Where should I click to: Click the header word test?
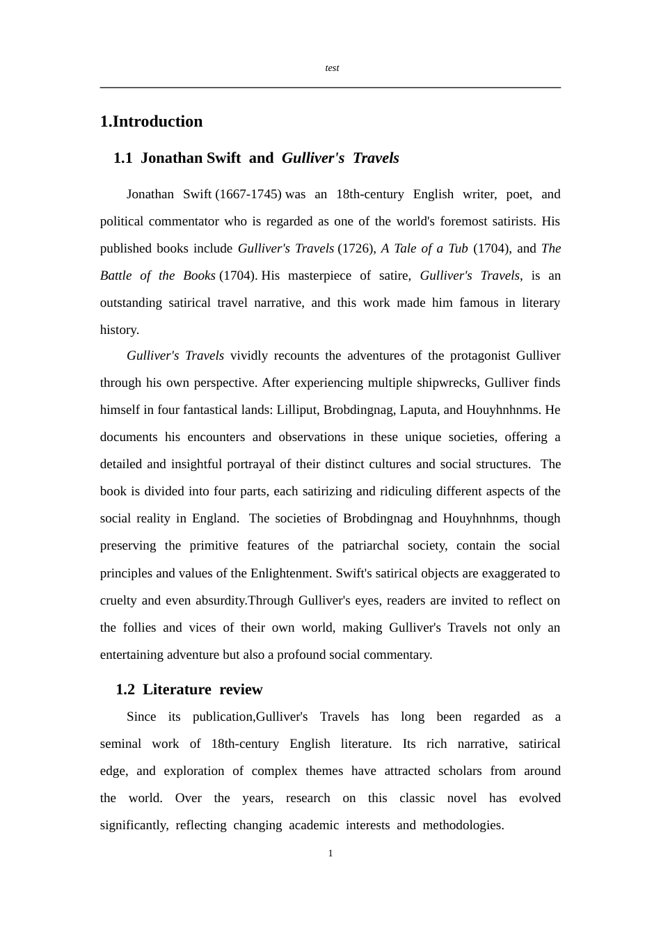[x=332, y=68]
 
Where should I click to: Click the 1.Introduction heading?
[x=152, y=122]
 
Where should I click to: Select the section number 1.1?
[x=122, y=159]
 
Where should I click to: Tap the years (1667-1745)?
[x=248, y=195]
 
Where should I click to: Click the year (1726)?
[x=356, y=249]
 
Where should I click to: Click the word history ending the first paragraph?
[x=119, y=330]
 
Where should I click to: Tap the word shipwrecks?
[x=447, y=383]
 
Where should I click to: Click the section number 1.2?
[x=125, y=690]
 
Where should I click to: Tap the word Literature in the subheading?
[x=177, y=690]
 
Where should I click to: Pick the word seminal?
[x=120, y=744]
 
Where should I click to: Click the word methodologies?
[x=463, y=826]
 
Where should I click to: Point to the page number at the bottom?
[x=330, y=854]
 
